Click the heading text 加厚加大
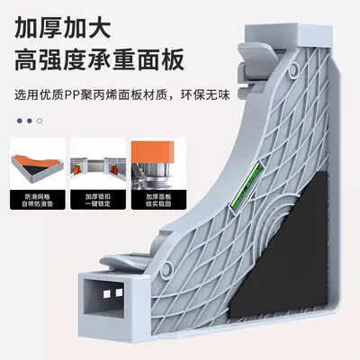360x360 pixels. [x=63, y=29]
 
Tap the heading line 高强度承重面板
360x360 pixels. [x=99, y=60]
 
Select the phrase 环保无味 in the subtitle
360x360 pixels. [x=205, y=95]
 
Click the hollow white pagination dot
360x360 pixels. [x=40, y=121]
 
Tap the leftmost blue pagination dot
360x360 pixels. [x=20, y=121]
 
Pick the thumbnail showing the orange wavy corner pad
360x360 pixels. [x=38, y=164]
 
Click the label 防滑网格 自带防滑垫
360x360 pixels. [x=38, y=201]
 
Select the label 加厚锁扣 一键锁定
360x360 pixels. [x=98, y=201]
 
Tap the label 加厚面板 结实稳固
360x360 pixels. [x=158, y=201]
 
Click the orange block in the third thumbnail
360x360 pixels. [x=153, y=151]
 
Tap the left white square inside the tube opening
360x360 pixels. [x=106, y=293]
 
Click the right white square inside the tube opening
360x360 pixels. [x=119, y=292]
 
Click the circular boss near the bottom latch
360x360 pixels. [x=167, y=268]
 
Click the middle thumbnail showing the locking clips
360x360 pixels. [x=98, y=164]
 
